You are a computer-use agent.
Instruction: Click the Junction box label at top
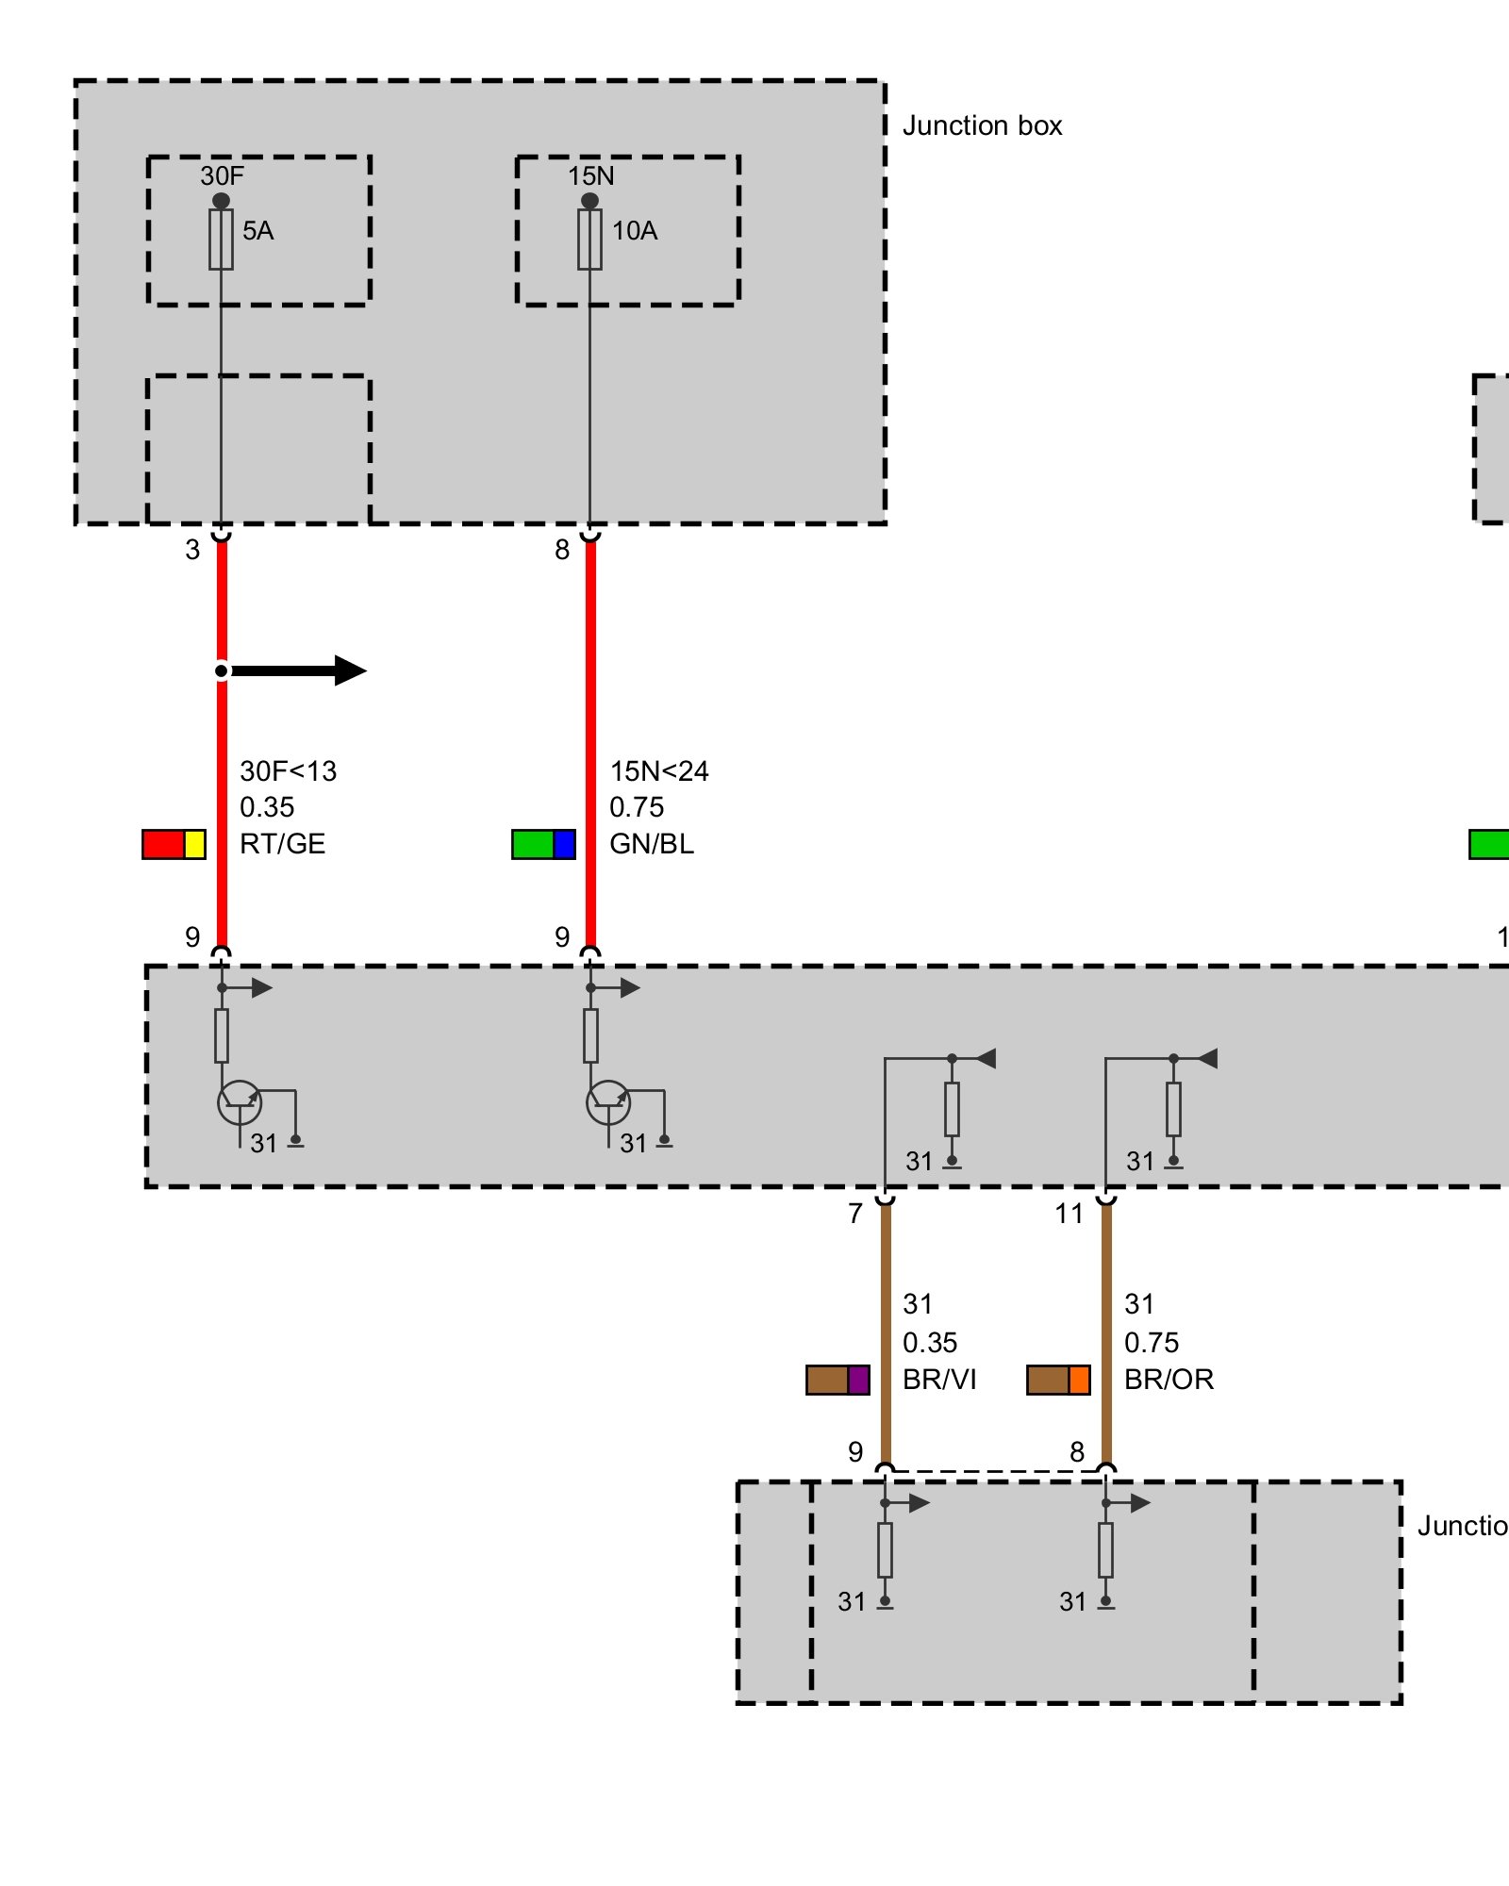click(x=982, y=125)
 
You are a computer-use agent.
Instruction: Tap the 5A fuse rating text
click(x=257, y=230)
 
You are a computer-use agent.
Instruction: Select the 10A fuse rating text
click(x=635, y=230)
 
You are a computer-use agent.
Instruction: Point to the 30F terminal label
click(x=222, y=175)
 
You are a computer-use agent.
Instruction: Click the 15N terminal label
click(x=590, y=175)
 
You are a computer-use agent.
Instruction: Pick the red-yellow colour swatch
click(x=174, y=844)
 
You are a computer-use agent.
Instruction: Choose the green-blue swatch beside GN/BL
click(x=543, y=844)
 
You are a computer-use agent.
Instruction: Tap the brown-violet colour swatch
click(x=837, y=1380)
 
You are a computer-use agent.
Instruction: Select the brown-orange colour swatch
click(x=1058, y=1380)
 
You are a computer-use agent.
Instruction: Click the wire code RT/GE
click(x=282, y=844)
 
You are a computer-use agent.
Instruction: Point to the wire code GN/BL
click(x=652, y=844)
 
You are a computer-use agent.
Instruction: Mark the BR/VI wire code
click(x=939, y=1380)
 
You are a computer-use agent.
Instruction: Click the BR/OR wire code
click(x=1169, y=1380)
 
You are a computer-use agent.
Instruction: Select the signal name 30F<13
click(x=288, y=771)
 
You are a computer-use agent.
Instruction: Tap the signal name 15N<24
click(x=658, y=771)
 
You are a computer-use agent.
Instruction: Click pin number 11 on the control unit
click(x=1069, y=1214)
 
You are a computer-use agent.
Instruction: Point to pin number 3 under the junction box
click(x=192, y=550)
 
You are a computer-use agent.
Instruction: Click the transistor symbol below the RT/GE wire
click(x=240, y=1101)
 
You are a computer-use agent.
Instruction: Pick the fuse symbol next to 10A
click(x=589, y=240)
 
